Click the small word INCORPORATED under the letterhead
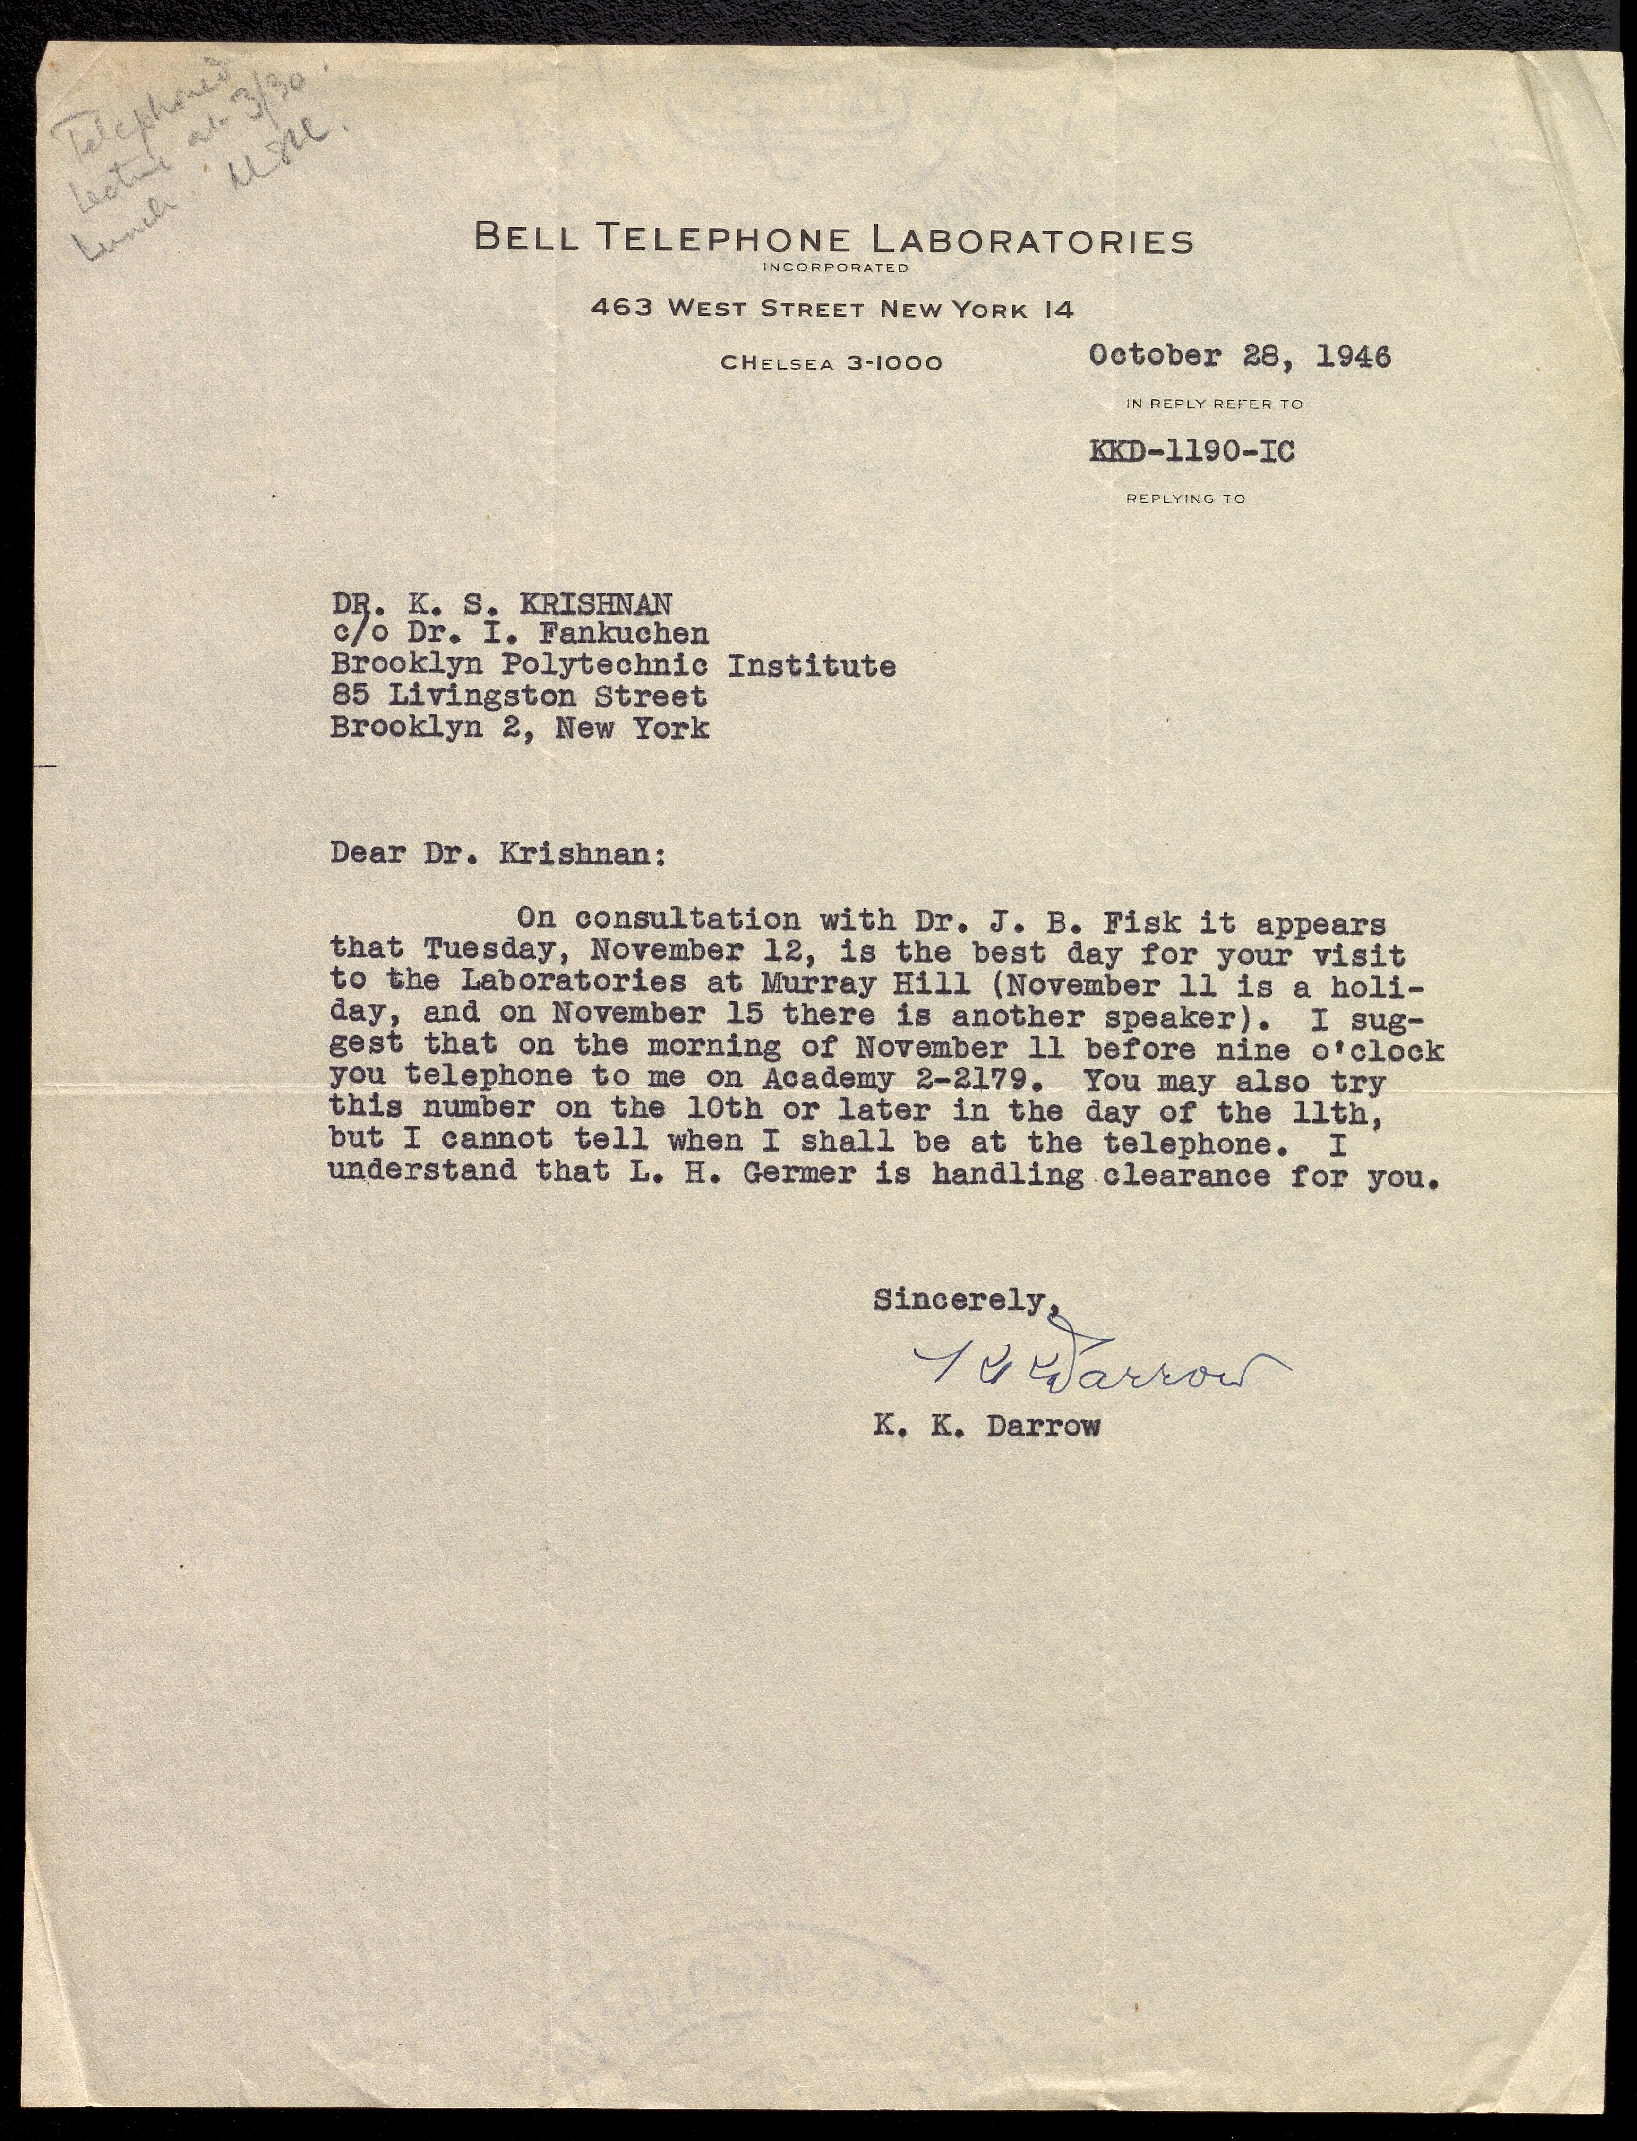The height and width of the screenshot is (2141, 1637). (x=835, y=267)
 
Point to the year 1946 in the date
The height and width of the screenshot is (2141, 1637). (x=1354, y=357)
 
